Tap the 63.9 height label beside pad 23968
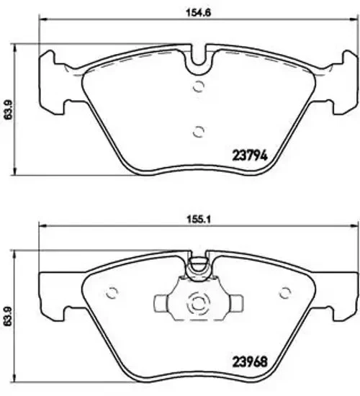(x=9, y=315)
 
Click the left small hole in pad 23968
(x=112, y=292)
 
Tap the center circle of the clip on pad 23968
(x=196, y=306)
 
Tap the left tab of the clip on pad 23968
(x=164, y=302)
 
